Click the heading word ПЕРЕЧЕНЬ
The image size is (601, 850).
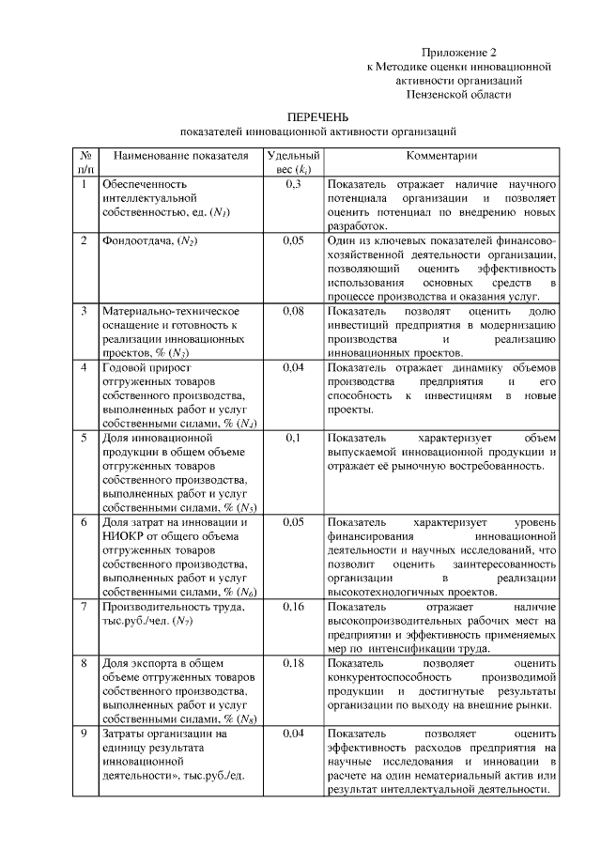pyautogui.click(x=317, y=117)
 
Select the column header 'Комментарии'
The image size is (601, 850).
pyautogui.click(x=441, y=157)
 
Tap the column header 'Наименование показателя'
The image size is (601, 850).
pyautogui.click(x=175, y=157)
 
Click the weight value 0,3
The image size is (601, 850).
pyautogui.click(x=292, y=184)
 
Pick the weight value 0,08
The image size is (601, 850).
pyautogui.click(x=292, y=310)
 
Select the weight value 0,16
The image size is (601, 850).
pyautogui.click(x=292, y=607)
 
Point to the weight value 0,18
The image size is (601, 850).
pyautogui.click(x=292, y=663)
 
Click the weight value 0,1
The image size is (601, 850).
pyautogui.click(x=292, y=438)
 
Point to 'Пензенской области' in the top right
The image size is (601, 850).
pyautogui.click(x=458, y=95)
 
